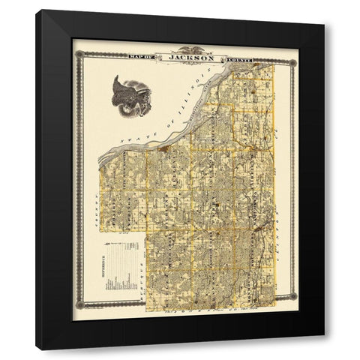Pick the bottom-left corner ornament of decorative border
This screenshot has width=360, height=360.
pos(76,305)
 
